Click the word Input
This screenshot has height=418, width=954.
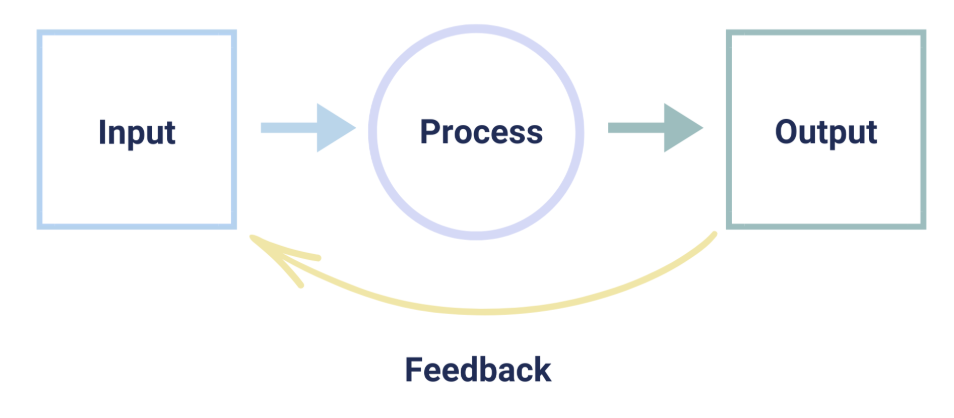tap(137, 132)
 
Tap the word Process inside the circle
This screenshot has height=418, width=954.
tap(481, 132)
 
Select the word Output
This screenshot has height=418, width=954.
tap(826, 132)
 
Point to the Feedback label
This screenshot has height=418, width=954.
tap(477, 370)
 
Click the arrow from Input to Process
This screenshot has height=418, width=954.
tap(306, 128)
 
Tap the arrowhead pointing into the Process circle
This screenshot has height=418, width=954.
tap(337, 128)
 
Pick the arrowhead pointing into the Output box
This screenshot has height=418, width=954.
tap(684, 128)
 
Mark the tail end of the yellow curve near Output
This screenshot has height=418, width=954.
tap(714, 235)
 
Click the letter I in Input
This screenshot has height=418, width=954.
tap(103, 132)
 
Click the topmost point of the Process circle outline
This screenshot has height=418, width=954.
tap(476, 28)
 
